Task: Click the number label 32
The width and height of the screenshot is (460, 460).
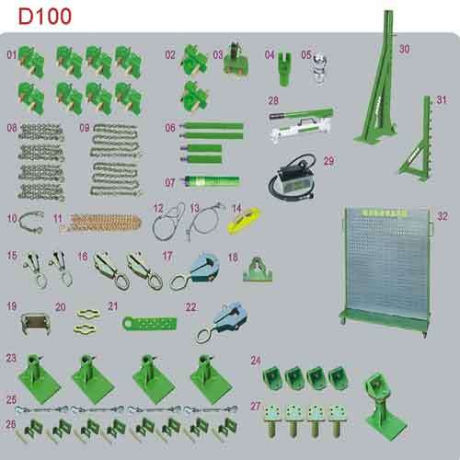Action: (x=443, y=216)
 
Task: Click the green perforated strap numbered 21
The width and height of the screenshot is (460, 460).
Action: (x=153, y=324)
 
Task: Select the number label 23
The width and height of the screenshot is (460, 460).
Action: (x=12, y=357)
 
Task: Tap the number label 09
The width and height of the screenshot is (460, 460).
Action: (x=85, y=128)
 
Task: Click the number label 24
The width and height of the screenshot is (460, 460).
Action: (x=255, y=361)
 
